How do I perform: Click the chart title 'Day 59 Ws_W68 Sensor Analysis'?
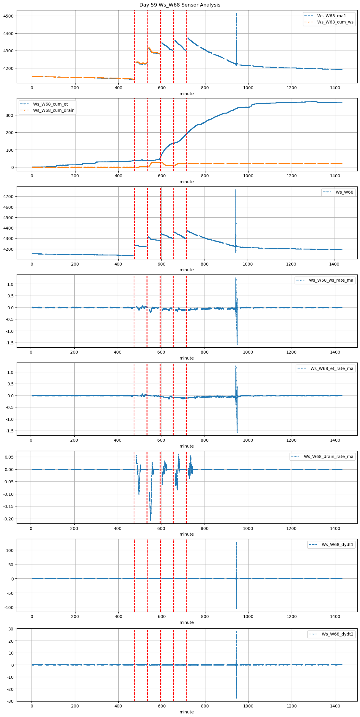(x=180, y=5)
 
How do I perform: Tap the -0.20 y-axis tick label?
(x=9, y=519)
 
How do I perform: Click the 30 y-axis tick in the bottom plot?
(x=11, y=629)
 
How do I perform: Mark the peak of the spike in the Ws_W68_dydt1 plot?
(x=236, y=542)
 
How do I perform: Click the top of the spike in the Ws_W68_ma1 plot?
(x=236, y=14)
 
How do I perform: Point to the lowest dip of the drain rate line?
(x=151, y=520)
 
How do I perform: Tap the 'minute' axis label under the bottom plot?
(x=186, y=712)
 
